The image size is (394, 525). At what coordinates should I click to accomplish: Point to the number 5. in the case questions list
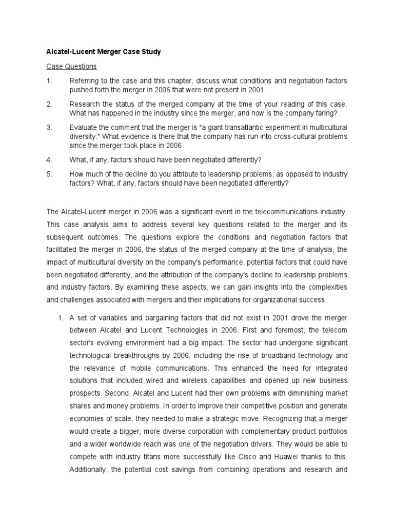49,174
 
